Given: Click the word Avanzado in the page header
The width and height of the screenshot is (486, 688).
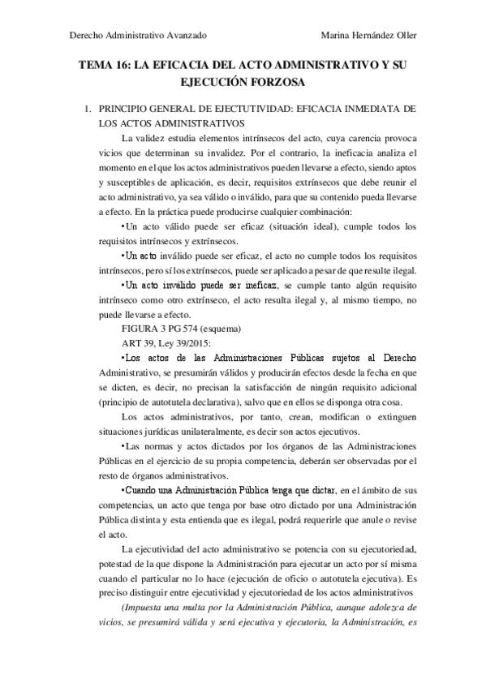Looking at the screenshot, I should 186,36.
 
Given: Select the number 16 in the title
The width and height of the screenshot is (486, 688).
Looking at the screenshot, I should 123,67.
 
